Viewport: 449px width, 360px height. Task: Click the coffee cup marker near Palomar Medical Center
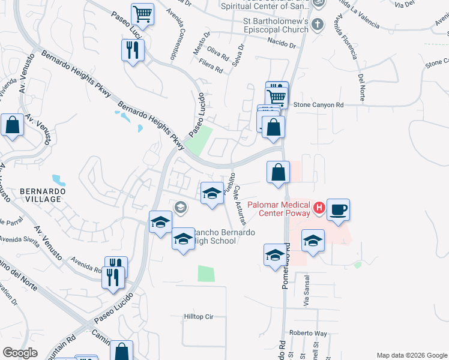(x=338, y=210)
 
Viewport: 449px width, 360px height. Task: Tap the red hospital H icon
(x=319, y=209)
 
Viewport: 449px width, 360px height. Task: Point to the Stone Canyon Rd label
(x=318, y=105)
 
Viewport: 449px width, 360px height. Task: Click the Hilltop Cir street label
(x=199, y=316)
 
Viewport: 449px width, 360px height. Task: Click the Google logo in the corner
(x=20, y=353)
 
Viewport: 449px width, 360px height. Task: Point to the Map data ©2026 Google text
(x=411, y=355)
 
